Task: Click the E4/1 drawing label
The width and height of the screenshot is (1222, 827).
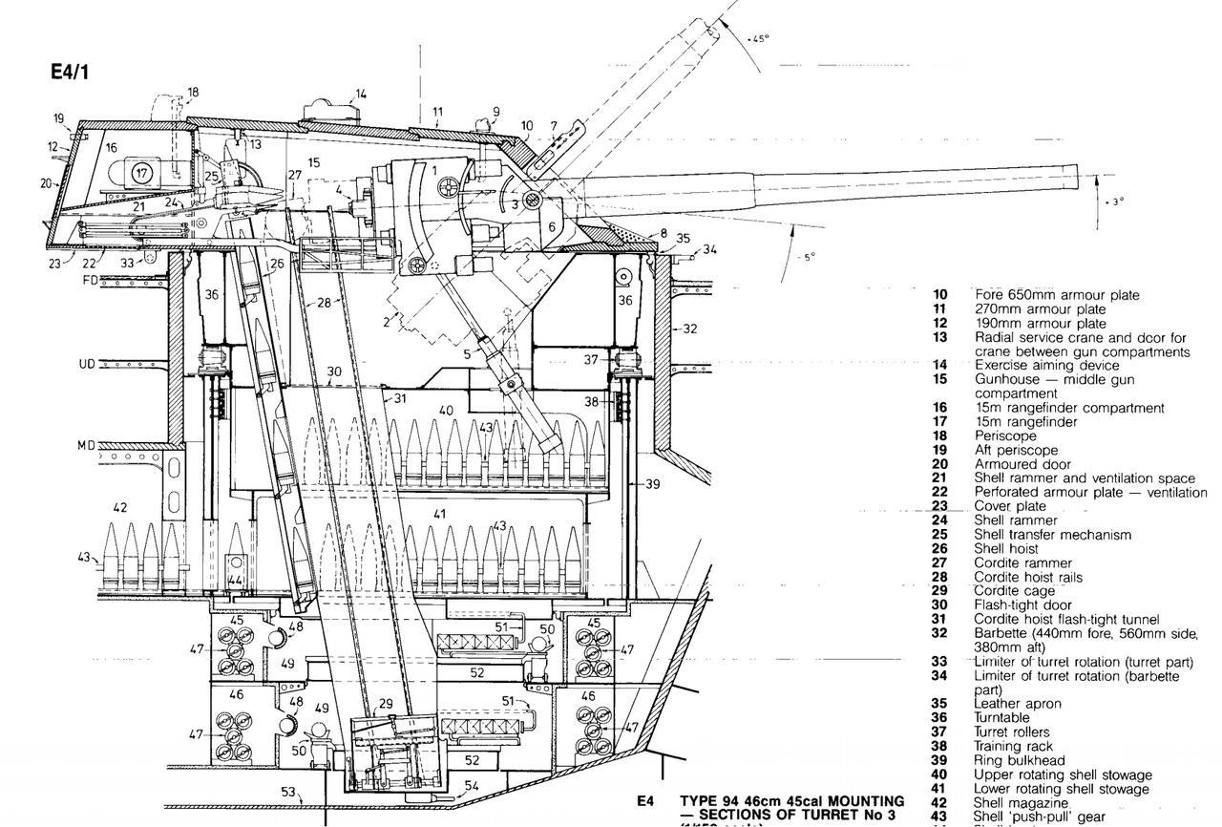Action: point(70,72)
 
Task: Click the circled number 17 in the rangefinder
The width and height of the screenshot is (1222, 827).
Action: point(141,173)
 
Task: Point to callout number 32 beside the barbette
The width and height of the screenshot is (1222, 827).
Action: point(689,329)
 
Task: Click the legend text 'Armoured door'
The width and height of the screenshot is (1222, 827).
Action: point(1022,464)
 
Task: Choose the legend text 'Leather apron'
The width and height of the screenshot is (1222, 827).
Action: point(1018,704)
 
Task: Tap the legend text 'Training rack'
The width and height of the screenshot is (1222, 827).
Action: point(1013,746)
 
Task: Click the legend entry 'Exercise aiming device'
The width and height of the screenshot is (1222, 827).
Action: point(1033,365)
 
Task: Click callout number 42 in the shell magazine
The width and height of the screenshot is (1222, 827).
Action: point(120,508)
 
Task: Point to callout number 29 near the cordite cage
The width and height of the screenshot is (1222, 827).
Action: point(386,704)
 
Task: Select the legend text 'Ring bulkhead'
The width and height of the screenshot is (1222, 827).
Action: point(1019,760)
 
